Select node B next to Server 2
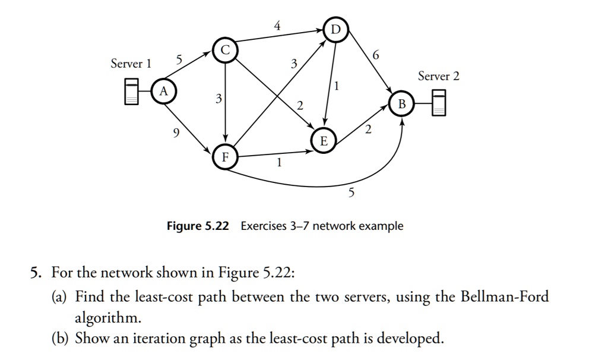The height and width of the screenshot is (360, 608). click(402, 104)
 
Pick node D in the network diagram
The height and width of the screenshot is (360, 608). click(335, 30)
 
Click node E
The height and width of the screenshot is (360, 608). click(324, 141)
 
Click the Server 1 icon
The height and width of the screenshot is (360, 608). click(132, 91)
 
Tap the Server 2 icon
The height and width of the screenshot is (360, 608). click(439, 103)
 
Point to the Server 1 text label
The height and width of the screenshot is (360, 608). click(131, 64)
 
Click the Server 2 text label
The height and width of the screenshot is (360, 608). click(438, 76)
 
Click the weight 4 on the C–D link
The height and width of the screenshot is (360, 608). click(277, 26)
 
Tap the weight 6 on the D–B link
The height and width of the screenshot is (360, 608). click(374, 55)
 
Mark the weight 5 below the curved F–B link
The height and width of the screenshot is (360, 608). click(351, 193)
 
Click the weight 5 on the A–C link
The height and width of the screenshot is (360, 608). click(179, 59)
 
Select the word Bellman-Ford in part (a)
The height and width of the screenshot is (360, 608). click(505, 297)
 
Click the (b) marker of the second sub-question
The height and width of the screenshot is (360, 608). click(60, 339)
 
